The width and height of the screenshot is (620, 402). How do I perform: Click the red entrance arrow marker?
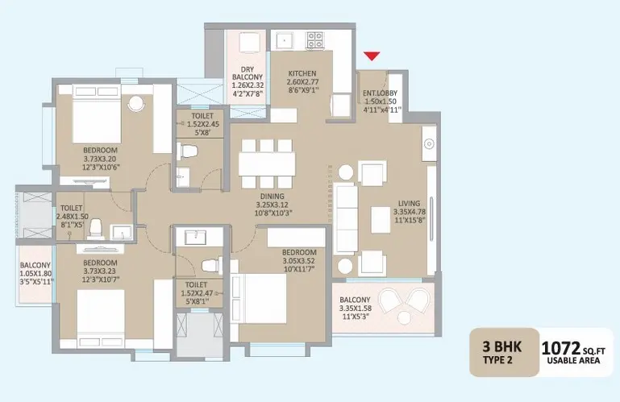(372, 56)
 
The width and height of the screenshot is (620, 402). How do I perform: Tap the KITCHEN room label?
(302, 73)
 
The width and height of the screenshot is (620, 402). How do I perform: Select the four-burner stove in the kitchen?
(315, 40)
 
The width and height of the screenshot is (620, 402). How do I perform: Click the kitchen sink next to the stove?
(285, 40)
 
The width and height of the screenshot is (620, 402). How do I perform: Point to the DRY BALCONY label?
(248, 73)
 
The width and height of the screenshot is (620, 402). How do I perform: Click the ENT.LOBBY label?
(380, 93)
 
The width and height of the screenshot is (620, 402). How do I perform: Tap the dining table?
(267, 164)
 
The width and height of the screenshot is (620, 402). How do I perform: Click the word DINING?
(272, 197)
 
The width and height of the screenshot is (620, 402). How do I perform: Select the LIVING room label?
(409, 204)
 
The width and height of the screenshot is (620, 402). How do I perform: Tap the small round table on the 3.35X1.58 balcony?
(404, 317)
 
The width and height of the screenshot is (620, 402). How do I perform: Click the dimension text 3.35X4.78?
(410, 212)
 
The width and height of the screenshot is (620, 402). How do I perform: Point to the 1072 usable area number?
(560, 349)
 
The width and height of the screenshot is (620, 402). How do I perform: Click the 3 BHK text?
(501, 347)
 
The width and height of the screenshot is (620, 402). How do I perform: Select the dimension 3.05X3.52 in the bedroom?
(299, 261)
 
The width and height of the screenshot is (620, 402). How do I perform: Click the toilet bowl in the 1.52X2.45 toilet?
(188, 151)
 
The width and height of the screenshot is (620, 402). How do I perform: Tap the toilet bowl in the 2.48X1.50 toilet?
(96, 229)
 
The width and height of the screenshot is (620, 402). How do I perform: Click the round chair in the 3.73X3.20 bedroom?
(136, 104)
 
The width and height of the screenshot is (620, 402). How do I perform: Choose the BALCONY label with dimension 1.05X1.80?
(35, 265)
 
